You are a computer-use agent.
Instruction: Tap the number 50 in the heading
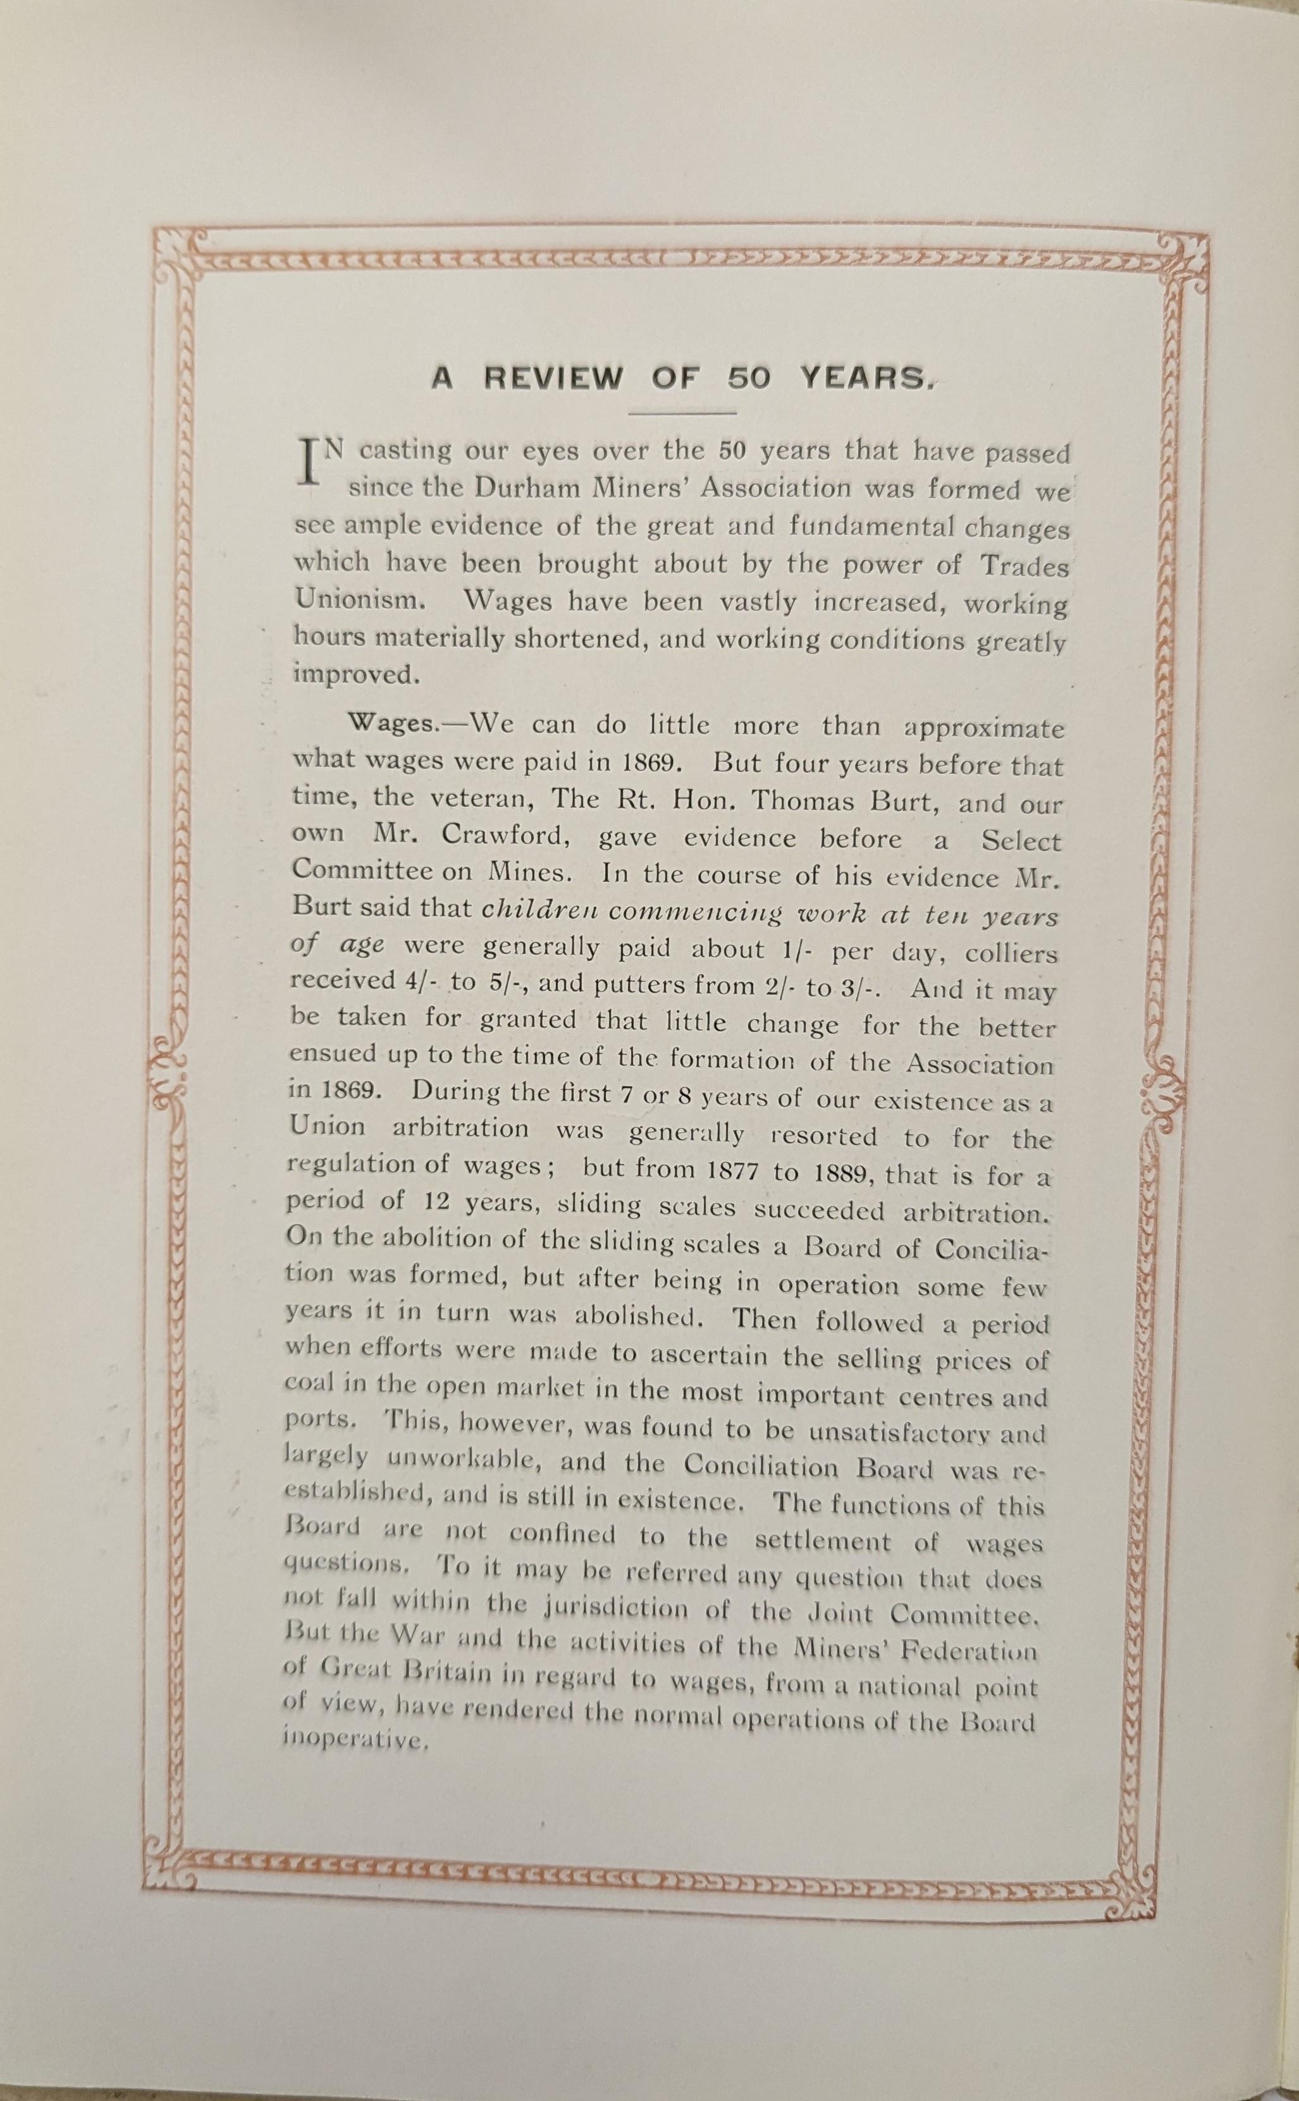[x=748, y=379]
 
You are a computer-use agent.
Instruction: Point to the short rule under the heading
[x=684, y=414]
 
